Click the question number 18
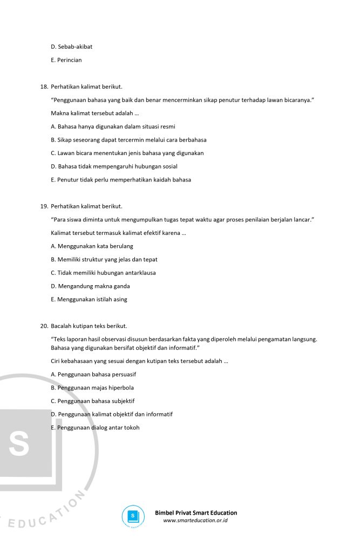click(44, 87)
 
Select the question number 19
click(44, 206)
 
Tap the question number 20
click(44, 326)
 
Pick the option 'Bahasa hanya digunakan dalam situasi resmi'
click(113, 127)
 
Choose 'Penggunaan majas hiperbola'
click(92, 388)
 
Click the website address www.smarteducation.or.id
click(195, 521)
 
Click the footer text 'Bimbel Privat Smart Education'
click(196, 512)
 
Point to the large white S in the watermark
click(19, 443)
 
